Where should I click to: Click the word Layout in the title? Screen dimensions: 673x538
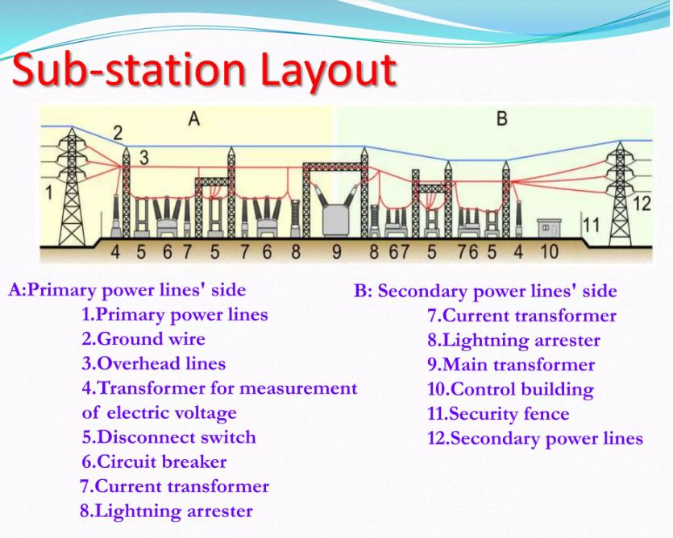coord(328,71)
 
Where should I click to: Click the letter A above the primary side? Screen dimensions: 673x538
coord(194,118)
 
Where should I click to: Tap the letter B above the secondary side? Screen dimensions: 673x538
coord(502,118)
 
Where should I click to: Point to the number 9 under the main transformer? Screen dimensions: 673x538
coord(337,252)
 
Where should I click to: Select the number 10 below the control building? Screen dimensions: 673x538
coord(549,251)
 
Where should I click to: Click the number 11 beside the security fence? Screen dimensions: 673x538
coord(592,225)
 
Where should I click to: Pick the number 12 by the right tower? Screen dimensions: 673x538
coord(642,203)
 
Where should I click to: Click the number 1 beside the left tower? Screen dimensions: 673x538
coord(49,192)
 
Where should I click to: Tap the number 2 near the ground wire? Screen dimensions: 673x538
coord(118,134)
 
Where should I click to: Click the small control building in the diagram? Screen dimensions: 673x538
coord(549,228)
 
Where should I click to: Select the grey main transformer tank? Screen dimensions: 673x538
coord(337,220)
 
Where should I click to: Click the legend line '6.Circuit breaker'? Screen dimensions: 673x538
coord(154,462)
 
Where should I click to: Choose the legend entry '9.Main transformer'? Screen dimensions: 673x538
coord(511,365)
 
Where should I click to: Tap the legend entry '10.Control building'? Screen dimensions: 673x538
coord(511,390)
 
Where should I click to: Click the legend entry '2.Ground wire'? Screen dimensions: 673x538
coord(143,339)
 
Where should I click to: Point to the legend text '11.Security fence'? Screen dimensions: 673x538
coord(498,414)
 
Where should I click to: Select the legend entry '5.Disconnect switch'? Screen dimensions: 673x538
coord(168,437)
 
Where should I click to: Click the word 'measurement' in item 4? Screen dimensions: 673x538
coord(298,388)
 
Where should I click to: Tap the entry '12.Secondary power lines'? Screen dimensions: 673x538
coord(535,439)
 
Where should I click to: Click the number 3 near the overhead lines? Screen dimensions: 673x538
coord(144,158)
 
